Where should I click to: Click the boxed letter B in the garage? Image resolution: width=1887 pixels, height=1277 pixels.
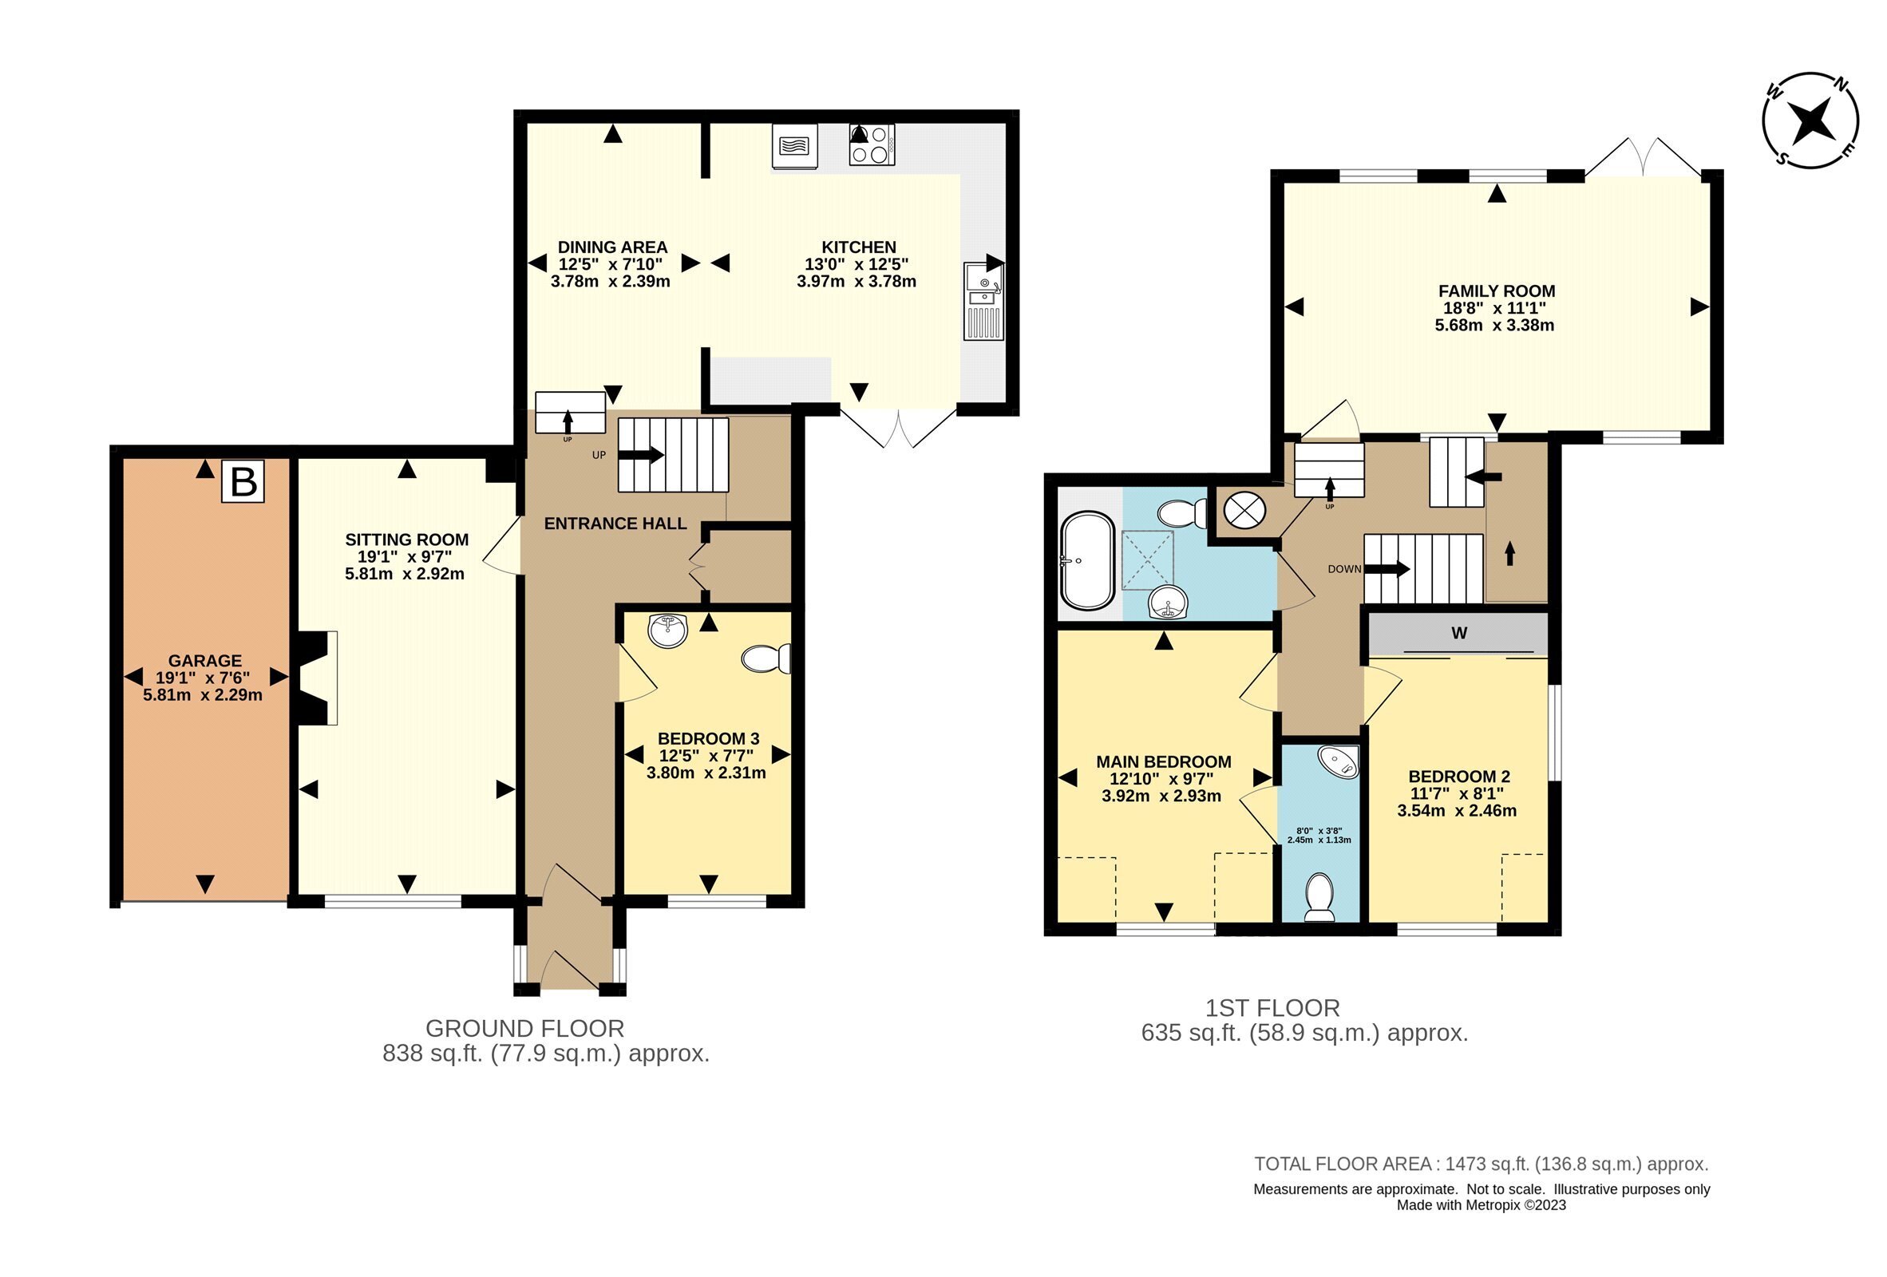(243, 481)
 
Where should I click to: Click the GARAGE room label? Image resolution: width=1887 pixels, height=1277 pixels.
(204, 661)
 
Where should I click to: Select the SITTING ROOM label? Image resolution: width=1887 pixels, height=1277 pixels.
(406, 540)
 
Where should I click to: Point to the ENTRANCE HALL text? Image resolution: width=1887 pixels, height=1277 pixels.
(615, 524)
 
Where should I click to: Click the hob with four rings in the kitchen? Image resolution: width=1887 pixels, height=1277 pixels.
(871, 144)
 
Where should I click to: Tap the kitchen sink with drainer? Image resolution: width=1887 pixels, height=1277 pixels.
(983, 301)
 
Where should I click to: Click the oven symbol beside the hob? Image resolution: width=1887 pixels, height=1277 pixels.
(794, 147)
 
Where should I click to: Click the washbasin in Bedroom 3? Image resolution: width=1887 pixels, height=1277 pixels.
(668, 630)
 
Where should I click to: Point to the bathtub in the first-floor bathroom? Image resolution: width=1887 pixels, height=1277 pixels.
(1087, 560)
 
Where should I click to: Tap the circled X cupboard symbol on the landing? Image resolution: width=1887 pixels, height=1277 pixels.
(1244, 511)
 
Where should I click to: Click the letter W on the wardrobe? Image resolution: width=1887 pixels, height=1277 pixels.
(1458, 633)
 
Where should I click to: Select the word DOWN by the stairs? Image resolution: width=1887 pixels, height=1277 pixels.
(1343, 569)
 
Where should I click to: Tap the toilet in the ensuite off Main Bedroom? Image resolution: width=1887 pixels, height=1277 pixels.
(1319, 897)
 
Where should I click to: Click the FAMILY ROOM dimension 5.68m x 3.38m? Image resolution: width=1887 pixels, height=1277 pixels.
(1494, 326)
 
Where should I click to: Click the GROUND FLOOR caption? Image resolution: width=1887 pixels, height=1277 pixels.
(524, 1029)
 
